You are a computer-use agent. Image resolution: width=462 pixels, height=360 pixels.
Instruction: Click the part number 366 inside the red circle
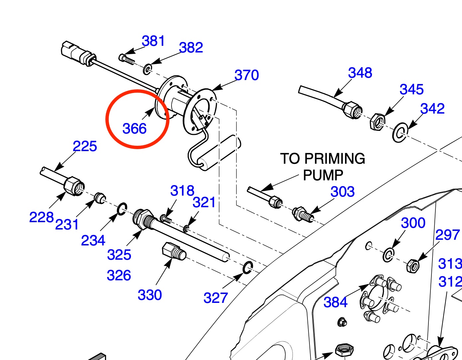(134, 129)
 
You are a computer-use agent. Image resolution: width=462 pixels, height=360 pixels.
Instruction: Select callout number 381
(153, 41)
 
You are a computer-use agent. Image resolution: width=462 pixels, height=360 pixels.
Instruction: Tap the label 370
(247, 75)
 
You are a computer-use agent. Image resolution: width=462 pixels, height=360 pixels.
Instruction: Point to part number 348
(360, 73)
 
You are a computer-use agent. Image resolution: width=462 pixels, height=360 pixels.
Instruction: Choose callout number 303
(342, 192)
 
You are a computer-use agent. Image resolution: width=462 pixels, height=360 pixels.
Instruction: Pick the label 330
(150, 295)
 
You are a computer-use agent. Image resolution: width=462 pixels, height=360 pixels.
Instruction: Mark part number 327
(215, 298)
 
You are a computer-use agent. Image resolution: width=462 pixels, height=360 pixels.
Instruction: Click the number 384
(335, 302)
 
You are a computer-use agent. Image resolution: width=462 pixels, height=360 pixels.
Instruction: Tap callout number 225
(85, 146)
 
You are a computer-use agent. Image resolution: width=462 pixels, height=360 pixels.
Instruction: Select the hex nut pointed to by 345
(378, 122)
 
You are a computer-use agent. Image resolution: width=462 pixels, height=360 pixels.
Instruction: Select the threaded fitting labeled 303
(303, 214)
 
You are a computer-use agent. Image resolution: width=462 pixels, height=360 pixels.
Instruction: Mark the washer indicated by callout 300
(388, 255)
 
